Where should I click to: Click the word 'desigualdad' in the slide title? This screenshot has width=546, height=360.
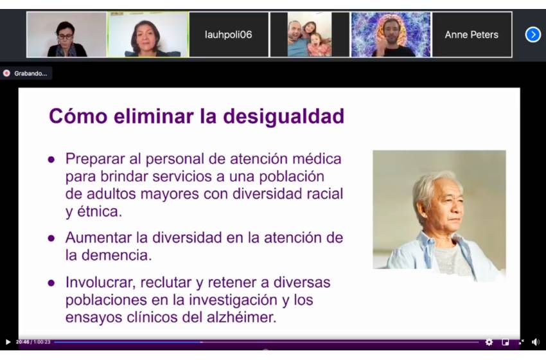tap(283, 117)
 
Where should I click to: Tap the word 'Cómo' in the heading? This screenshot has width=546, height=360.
tap(78, 116)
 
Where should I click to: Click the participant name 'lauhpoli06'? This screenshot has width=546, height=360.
tap(229, 35)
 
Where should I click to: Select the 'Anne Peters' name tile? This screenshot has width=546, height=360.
tap(471, 35)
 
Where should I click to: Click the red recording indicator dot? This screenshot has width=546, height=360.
tap(6, 73)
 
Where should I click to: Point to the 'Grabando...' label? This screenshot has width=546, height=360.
tap(31, 73)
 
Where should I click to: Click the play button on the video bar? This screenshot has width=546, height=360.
tap(8, 342)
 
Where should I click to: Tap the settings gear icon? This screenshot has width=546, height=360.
tap(489, 342)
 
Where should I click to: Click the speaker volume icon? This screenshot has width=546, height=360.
tap(536, 342)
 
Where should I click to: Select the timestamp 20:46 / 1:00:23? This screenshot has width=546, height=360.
tap(33, 342)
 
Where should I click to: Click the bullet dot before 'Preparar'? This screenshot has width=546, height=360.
tap(51, 159)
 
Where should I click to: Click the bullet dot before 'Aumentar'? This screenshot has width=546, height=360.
tap(51, 239)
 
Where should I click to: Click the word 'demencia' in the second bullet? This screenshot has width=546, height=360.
tap(117, 255)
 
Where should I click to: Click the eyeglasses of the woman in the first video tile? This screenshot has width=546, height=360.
tap(65, 36)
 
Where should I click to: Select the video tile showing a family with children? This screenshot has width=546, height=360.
tap(310, 35)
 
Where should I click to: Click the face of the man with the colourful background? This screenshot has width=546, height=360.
tap(391, 33)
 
